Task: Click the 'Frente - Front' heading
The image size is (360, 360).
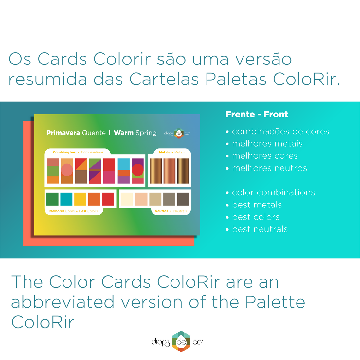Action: pos(257,114)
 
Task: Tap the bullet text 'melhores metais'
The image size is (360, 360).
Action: pos(267,143)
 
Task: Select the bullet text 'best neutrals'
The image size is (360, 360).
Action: pos(260,229)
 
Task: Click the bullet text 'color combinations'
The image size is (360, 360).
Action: pos(273,192)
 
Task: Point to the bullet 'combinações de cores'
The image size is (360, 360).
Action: pos(280,131)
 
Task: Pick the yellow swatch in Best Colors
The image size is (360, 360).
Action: pos(80,199)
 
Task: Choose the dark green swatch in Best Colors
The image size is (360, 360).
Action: pos(52,199)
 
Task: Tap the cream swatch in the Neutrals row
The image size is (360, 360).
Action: pos(127,199)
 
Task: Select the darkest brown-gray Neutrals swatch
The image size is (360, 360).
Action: pos(183,199)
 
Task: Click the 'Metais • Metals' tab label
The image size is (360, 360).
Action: pos(172,152)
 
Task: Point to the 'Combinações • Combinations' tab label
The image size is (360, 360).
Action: pos(78,152)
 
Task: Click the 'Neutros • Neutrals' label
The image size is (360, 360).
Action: pos(171,211)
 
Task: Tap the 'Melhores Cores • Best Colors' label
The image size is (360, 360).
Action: pos(73,211)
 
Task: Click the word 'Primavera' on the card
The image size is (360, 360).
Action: pos(63,133)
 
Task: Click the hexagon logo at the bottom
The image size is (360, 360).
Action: pos(181,341)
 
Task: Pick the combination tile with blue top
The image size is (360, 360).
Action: pos(124,171)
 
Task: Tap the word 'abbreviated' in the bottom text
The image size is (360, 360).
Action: pos(63,302)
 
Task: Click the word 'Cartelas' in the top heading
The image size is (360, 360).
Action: pos(165,79)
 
